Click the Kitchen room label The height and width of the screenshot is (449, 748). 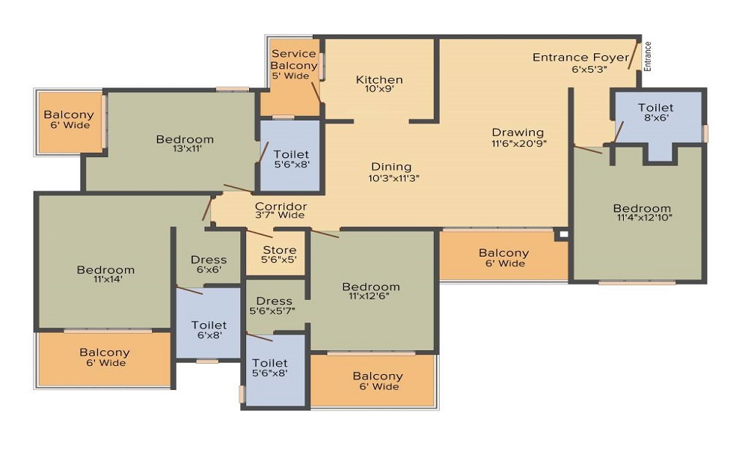pyautogui.click(x=379, y=79)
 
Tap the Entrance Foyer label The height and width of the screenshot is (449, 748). pyautogui.click(x=580, y=58)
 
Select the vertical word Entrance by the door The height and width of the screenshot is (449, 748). pyautogui.click(x=647, y=56)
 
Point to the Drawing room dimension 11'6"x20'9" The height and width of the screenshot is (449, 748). pyautogui.click(x=519, y=143)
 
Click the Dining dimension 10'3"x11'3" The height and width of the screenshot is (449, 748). pyautogui.click(x=393, y=178)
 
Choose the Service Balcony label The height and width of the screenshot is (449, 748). pyautogui.click(x=293, y=59)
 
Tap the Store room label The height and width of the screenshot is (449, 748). pyautogui.click(x=280, y=250)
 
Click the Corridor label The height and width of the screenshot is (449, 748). pyautogui.click(x=280, y=206)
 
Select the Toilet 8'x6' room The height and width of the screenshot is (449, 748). pyautogui.click(x=657, y=125)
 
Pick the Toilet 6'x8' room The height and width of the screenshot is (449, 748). pyautogui.click(x=209, y=323)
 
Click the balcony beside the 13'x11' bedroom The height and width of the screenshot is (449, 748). pyautogui.click(x=70, y=122)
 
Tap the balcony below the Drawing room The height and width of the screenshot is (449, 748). pyautogui.click(x=503, y=256)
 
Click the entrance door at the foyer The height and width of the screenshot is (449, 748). pyautogui.click(x=634, y=55)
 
